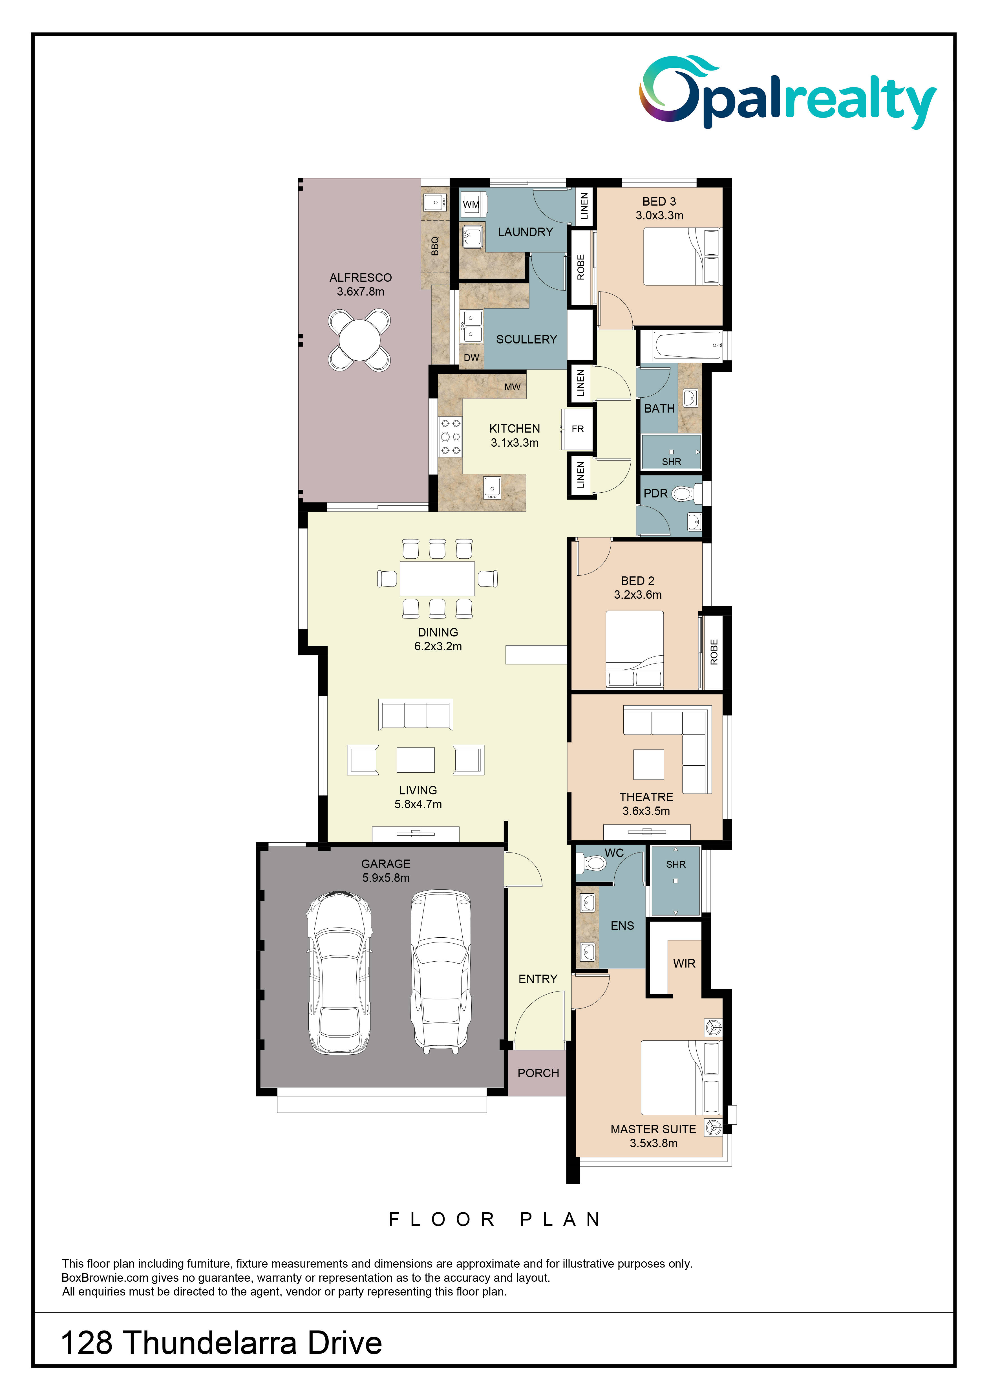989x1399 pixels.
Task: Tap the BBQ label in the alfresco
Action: point(435,246)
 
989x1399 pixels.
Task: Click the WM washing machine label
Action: point(471,205)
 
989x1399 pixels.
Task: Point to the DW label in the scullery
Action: point(471,358)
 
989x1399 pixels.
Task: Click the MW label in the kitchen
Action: point(512,387)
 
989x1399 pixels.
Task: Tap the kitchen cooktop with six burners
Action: point(451,436)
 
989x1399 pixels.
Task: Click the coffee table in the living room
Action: point(415,760)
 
